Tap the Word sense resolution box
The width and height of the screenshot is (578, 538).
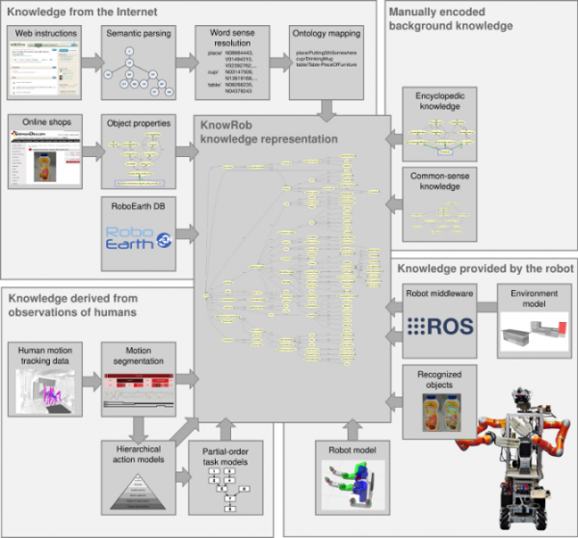(x=231, y=63)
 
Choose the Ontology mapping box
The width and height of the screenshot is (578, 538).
(x=328, y=63)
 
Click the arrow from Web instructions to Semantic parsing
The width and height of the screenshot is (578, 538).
(x=90, y=63)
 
